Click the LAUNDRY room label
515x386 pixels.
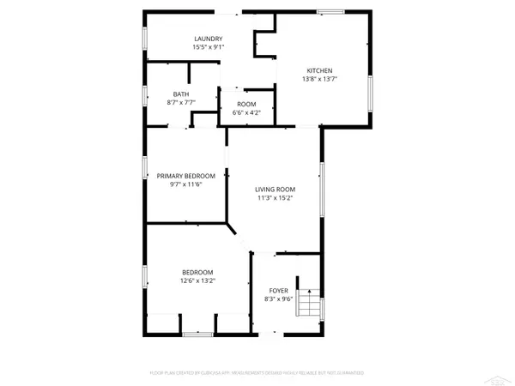[209, 39]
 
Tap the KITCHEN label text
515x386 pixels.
[320, 70]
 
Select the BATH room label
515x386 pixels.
[180, 94]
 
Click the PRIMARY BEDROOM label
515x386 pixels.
[186, 176]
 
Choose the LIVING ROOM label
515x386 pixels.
[275, 190]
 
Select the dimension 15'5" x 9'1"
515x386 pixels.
[209, 47]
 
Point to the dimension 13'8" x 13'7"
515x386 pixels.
[320, 79]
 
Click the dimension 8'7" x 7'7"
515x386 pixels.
[180, 102]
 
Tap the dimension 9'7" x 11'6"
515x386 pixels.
[186, 184]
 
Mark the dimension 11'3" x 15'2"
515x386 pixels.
[275, 198]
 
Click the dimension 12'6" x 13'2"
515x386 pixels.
[197, 280]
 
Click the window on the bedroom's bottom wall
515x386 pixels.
[198, 332]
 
